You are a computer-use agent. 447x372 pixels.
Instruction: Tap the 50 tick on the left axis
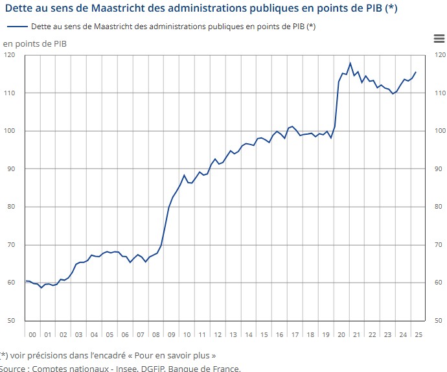point(12,321)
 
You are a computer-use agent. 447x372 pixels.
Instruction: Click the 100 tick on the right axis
point(440,131)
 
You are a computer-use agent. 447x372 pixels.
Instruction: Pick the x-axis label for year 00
point(32,334)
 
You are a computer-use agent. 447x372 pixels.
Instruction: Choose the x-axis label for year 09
point(171,334)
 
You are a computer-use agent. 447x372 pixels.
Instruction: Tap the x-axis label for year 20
point(341,334)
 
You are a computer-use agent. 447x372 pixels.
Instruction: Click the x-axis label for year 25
point(418,334)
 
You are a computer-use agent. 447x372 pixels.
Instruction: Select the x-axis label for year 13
point(233,334)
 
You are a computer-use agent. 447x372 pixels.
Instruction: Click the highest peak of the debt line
point(350,64)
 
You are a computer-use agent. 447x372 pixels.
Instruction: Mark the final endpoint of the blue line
point(416,72)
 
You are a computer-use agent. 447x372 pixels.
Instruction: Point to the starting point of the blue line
point(26,281)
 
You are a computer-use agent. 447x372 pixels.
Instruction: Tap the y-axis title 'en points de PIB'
point(34,43)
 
